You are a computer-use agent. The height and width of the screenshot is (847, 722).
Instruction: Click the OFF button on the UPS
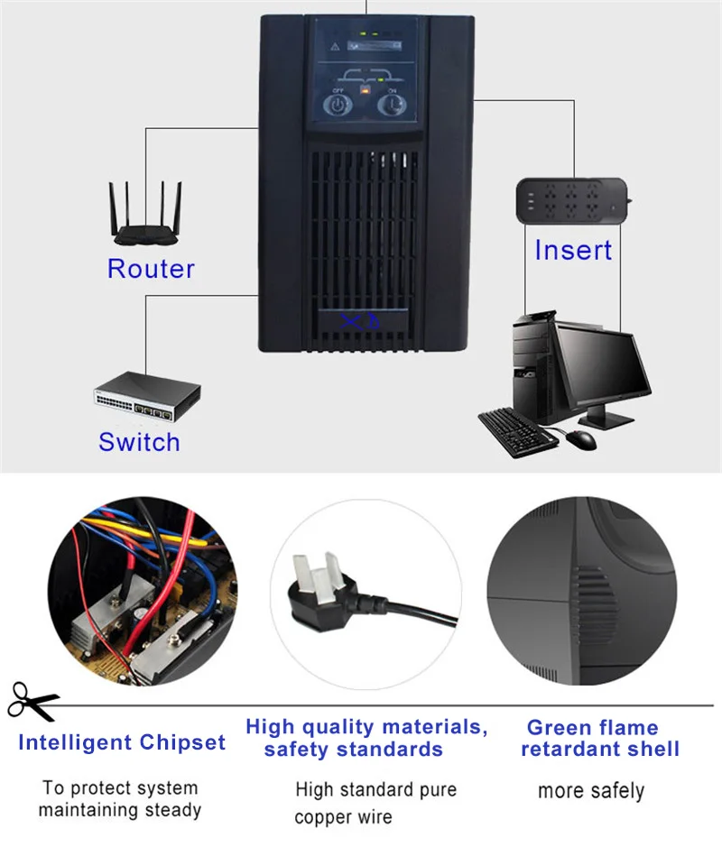click(336, 105)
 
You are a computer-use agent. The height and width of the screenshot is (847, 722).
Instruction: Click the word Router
click(151, 269)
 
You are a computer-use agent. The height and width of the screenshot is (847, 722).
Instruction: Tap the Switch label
click(139, 442)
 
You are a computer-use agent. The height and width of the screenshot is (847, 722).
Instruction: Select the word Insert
click(573, 250)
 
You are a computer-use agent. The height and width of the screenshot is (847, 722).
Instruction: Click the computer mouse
click(581, 438)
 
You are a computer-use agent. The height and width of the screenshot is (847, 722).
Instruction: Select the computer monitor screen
click(602, 364)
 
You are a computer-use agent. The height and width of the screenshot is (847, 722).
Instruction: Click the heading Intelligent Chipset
click(122, 743)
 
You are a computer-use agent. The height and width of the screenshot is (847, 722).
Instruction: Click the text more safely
click(591, 791)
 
